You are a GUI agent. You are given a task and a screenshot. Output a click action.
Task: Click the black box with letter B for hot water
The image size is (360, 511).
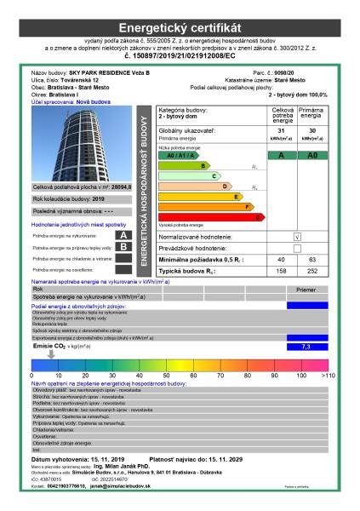pos(123,247)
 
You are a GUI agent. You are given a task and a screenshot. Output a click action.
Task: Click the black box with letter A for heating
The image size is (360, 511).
pos(123,234)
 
